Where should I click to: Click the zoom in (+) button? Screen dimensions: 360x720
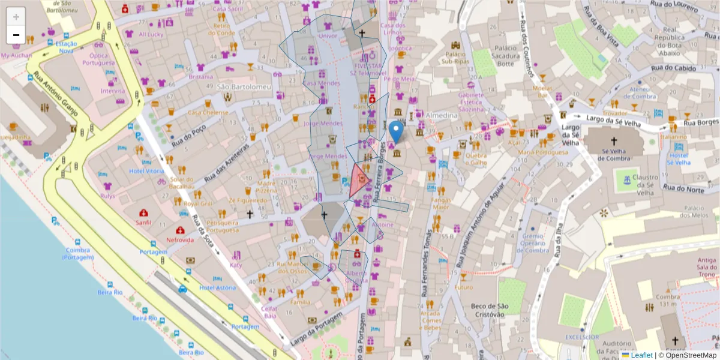(x=16, y=17)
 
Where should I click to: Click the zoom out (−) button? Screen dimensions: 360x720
(x=16, y=35)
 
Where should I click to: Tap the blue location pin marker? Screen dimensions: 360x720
(x=395, y=131)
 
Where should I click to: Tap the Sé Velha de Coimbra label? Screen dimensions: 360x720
(x=613, y=154)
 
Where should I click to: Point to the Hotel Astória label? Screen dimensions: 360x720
(x=218, y=287)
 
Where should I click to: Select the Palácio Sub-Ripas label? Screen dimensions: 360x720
(x=459, y=58)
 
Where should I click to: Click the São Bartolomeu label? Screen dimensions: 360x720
(x=244, y=87)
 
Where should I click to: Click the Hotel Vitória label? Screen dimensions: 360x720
(x=146, y=171)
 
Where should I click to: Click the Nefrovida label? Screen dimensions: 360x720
(x=180, y=239)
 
